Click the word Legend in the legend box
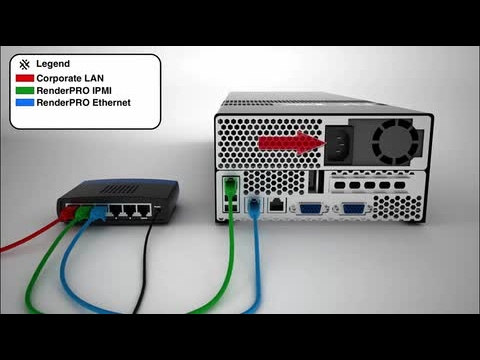coord(52,63)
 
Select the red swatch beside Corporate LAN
coord(24,77)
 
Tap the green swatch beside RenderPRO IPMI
coord(24,90)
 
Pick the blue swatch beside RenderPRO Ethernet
coord(24,102)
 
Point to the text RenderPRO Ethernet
coord(83,102)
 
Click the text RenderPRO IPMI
coord(73,90)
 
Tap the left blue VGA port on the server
coord(309,209)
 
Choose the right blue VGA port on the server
coord(352,209)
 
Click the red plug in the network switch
coord(72,211)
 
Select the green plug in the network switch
coord(84,212)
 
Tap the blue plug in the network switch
coord(97,212)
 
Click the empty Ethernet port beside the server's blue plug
coord(276,205)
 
